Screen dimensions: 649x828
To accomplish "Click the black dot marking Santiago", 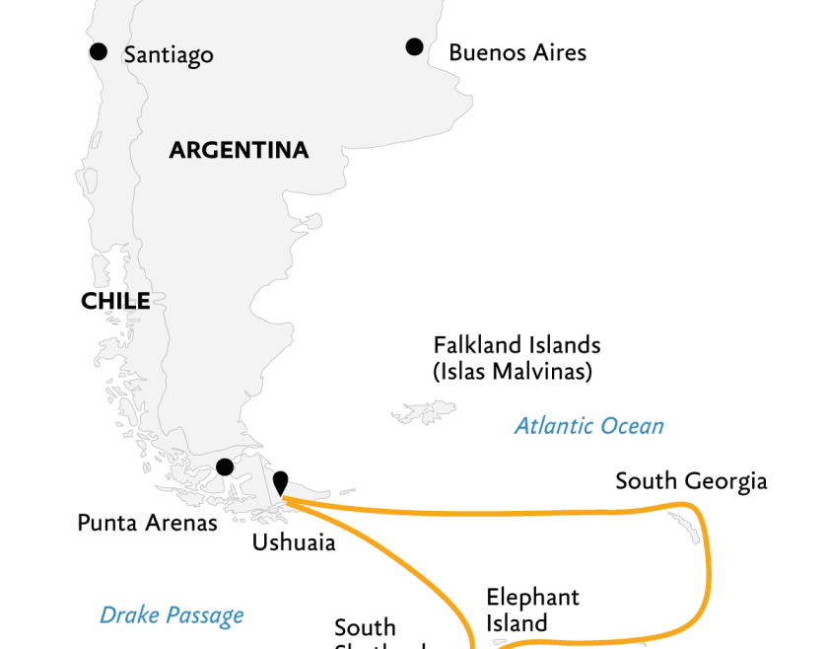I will (x=98, y=51).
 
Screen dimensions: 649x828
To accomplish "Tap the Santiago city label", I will (x=169, y=55).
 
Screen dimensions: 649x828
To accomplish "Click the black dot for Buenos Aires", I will (x=414, y=46).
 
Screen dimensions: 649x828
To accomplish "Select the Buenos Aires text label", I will (x=517, y=52).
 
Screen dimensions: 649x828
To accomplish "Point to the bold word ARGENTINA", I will (x=239, y=151).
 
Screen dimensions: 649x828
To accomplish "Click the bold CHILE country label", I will (x=115, y=302).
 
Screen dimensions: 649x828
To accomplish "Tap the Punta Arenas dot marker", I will (x=225, y=467).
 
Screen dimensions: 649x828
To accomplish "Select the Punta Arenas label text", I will (x=147, y=523).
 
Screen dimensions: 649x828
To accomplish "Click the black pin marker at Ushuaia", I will (x=281, y=482).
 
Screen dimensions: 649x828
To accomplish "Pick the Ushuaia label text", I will (x=294, y=542).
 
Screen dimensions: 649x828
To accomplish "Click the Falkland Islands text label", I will (x=517, y=346).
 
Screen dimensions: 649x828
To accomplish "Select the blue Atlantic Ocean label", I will (x=588, y=426).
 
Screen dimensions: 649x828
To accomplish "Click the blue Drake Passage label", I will (x=172, y=616).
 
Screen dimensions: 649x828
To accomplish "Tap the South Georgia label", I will (x=691, y=481).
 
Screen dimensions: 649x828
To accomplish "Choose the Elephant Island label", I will (x=532, y=610).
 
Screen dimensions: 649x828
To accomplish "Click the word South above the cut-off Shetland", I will (x=365, y=628).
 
